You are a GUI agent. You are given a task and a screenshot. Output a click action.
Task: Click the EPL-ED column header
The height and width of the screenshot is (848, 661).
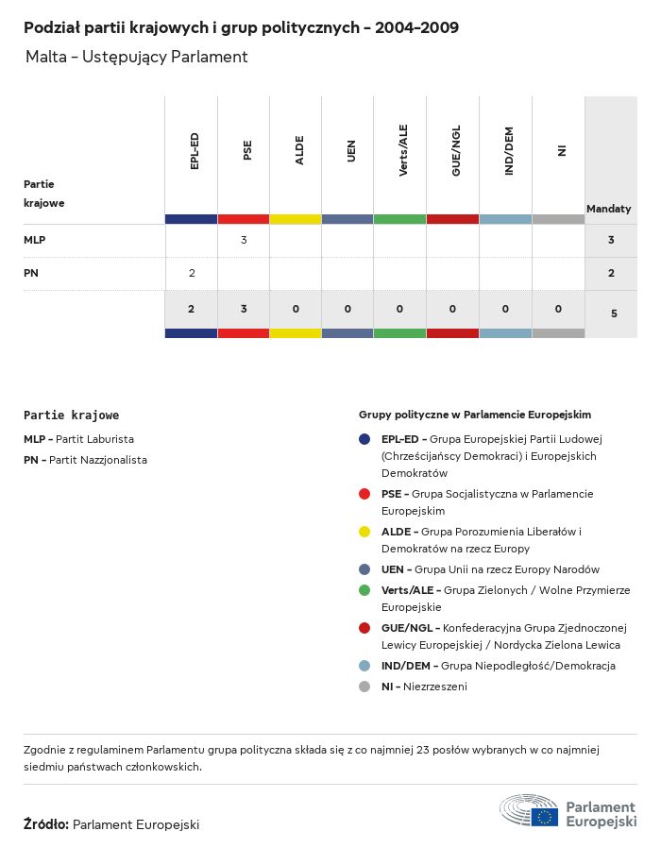point(195,151)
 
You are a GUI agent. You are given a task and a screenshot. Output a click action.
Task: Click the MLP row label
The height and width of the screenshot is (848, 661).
point(35,240)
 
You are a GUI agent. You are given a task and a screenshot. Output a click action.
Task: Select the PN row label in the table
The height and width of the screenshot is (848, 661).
point(31,273)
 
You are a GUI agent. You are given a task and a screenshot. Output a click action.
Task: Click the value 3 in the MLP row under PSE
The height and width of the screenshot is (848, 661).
point(244,240)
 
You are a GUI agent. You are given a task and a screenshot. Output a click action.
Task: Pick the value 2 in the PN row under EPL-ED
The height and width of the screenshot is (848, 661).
point(192,273)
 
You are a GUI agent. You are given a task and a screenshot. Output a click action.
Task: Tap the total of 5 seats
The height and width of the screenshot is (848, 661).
point(614,313)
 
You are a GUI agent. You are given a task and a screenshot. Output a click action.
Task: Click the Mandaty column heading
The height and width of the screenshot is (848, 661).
point(609,209)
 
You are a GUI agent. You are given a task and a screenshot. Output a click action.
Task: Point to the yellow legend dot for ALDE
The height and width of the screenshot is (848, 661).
point(364,532)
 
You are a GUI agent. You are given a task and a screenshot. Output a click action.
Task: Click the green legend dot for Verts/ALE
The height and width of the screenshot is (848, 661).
point(364,590)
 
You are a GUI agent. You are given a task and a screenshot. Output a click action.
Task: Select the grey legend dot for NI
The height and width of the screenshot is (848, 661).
point(364,687)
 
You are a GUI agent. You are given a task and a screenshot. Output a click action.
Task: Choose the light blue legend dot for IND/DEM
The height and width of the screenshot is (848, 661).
point(364,666)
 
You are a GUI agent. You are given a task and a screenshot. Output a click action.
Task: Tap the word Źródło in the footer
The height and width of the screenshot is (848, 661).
point(45,824)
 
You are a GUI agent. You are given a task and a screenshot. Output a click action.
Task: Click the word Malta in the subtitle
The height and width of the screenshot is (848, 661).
point(46,57)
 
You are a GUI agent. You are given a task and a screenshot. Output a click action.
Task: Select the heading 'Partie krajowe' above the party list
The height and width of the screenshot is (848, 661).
point(72,415)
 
